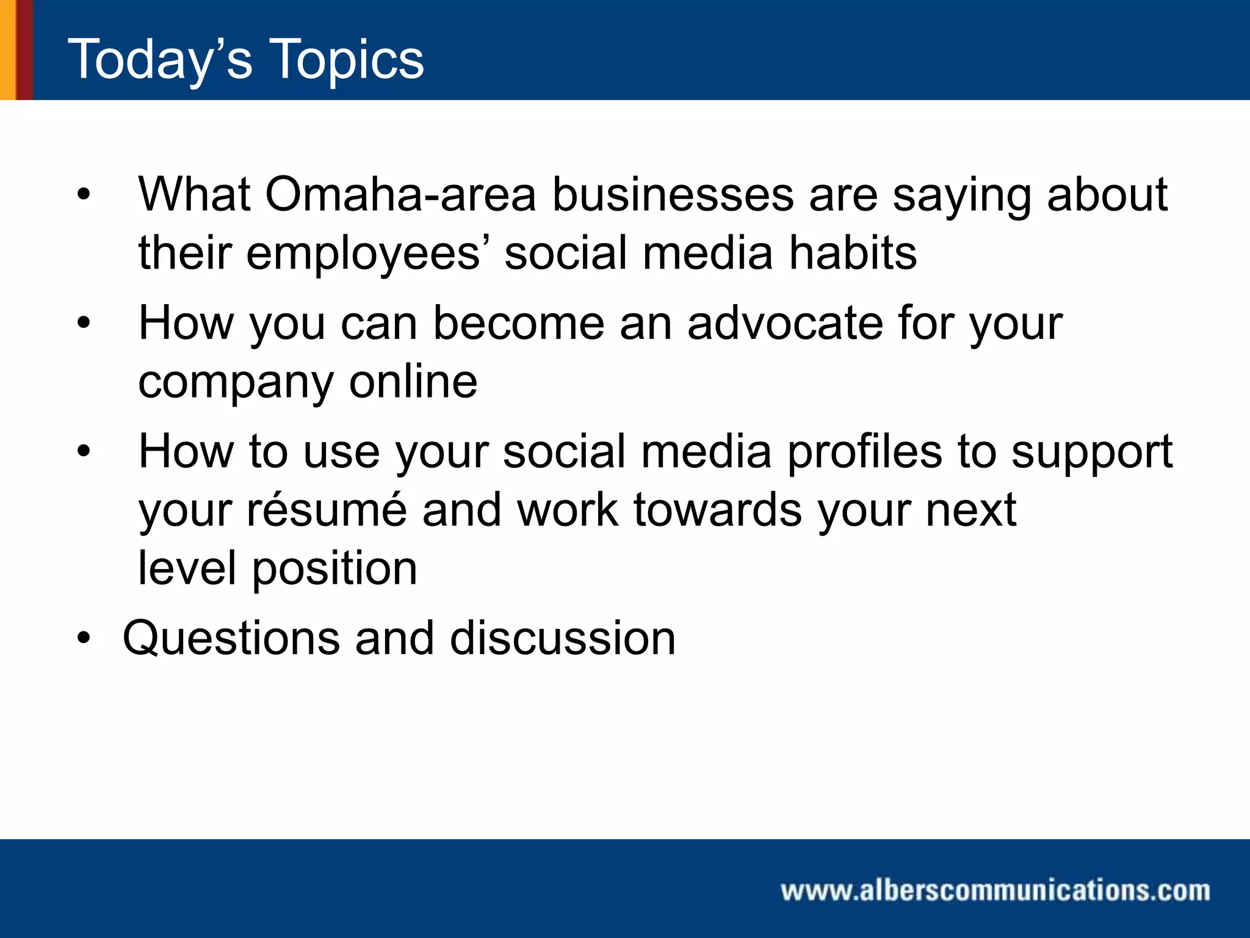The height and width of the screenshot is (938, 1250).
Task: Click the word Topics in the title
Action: tap(346, 59)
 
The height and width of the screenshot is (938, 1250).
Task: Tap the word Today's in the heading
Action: tap(160, 59)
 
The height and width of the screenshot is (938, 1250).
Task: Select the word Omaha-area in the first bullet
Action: tap(400, 194)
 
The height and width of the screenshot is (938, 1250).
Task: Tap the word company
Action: tap(236, 382)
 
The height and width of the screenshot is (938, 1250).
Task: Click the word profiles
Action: tap(864, 452)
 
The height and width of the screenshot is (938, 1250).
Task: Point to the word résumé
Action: tap(327, 509)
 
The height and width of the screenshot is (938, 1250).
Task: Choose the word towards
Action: tap(718, 509)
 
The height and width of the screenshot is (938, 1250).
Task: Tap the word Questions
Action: tap(231, 638)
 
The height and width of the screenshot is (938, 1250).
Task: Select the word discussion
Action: tap(563, 638)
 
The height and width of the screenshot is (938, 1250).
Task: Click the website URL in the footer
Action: tap(995, 890)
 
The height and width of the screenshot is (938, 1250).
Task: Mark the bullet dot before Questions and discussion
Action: tap(84, 638)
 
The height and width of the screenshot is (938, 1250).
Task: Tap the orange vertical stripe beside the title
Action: tap(7, 49)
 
